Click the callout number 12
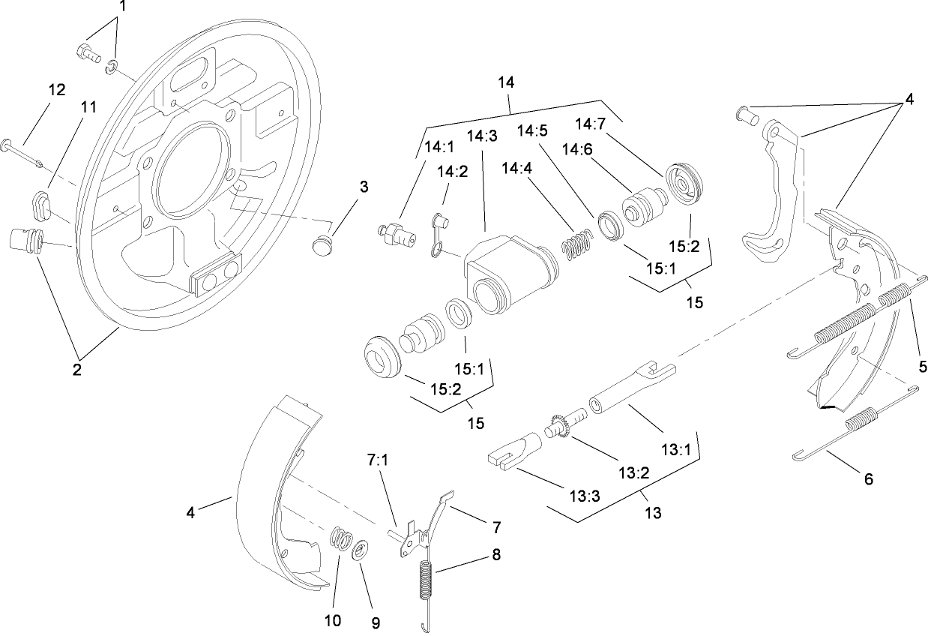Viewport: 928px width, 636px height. (x=57, y=89)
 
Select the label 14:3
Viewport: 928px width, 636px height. (x=482, y=136)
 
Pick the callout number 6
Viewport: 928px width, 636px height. (x=869, y=478)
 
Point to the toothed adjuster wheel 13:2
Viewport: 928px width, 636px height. (x=558, y=424)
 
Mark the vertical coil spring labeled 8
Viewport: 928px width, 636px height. (x=425, y=581)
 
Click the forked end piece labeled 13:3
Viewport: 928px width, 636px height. (x=510, y=454)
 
